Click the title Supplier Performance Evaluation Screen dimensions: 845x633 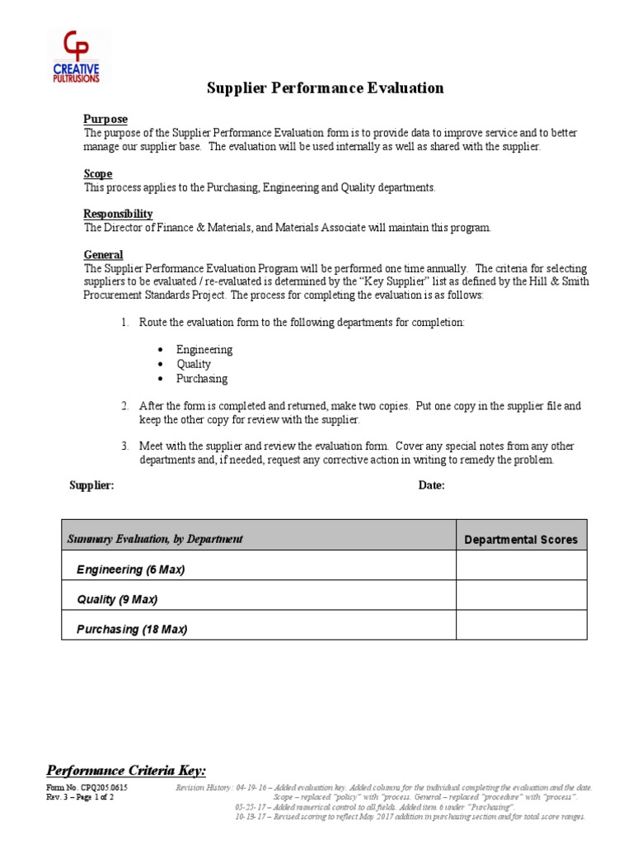pos(325,88)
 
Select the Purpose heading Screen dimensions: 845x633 pos(105,120)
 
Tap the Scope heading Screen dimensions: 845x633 pos(98,174)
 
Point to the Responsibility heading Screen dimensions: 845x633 pos(118,214)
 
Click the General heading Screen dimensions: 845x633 pos(104,255)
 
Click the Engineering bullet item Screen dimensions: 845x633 pos(204,349)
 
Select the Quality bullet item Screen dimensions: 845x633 pos(194,364)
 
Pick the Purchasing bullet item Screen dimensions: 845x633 pos(202,379)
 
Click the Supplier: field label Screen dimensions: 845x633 pos(91,485)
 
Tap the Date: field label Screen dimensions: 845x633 pos(431,485)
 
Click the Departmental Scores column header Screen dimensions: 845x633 pos(521,540)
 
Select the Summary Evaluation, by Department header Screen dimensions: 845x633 pos(155,539)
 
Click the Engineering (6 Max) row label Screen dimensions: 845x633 pos(130,569)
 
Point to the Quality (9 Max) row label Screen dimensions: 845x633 pos(117,599)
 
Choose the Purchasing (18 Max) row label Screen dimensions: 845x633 pos(132,629)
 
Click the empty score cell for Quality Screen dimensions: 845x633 pos(521,596)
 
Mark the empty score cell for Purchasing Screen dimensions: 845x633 pos(521,625)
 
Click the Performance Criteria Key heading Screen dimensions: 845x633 pos(126,770)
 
